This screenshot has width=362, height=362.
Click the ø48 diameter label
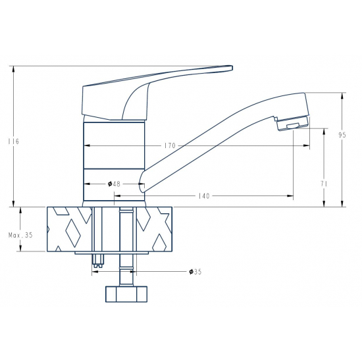[x=113, y=184]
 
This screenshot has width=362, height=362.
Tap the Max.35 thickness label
[x=20, y=235]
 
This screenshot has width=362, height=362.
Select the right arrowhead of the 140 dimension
[x=292, y=196]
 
